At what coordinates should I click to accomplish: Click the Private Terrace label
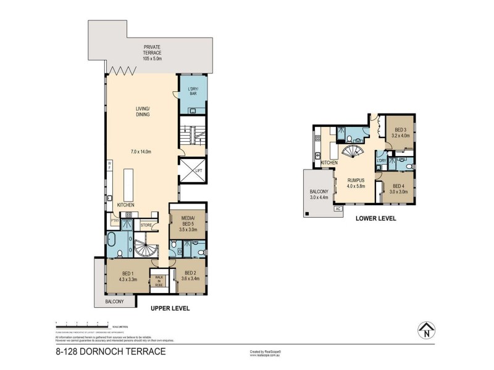[152, 52]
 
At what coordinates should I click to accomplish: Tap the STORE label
[146, 225]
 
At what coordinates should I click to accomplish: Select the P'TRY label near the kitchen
[114, 220]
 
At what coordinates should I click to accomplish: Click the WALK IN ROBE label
[159, 282]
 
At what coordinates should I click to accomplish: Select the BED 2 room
[189, 275]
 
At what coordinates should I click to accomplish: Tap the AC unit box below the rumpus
[338, 208]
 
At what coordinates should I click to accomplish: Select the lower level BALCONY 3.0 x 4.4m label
[319, 194]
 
